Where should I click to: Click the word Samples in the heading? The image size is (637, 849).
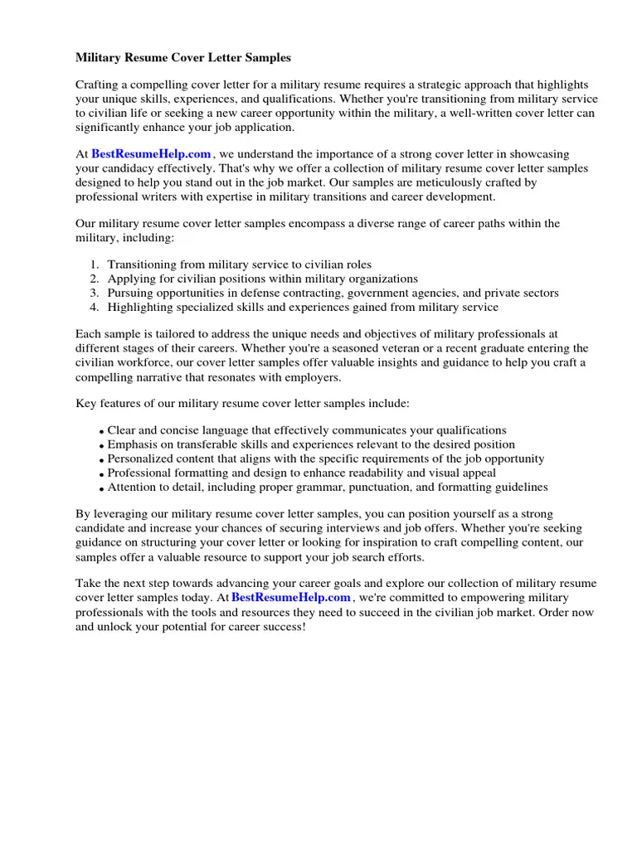(x=267, y=58)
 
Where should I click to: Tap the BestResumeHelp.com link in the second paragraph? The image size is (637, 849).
(x=151, y=153)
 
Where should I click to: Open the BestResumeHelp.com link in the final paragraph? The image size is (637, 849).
(x=291, y=597)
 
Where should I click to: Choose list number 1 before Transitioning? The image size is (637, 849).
(x=94, y=264)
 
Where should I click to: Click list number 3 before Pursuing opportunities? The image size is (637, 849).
(x=94, y=293)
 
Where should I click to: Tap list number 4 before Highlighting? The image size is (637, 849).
(x=94, y=307)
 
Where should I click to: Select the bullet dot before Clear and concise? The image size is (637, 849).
(x=101, y=432)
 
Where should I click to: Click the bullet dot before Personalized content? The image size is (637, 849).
(x=101, y=460)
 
